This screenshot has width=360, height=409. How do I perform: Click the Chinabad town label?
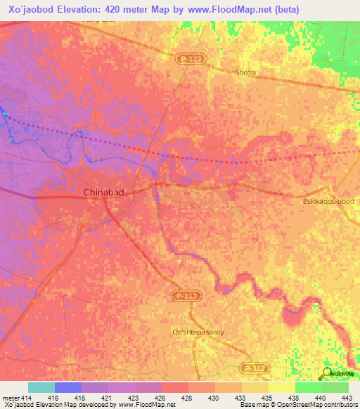[x=104, y=192]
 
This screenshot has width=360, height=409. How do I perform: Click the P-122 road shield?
[x=184, y=61]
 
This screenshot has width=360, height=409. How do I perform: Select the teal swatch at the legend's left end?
[x=41, y=387]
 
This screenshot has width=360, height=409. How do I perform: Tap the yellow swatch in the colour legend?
[x=281, y=387]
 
